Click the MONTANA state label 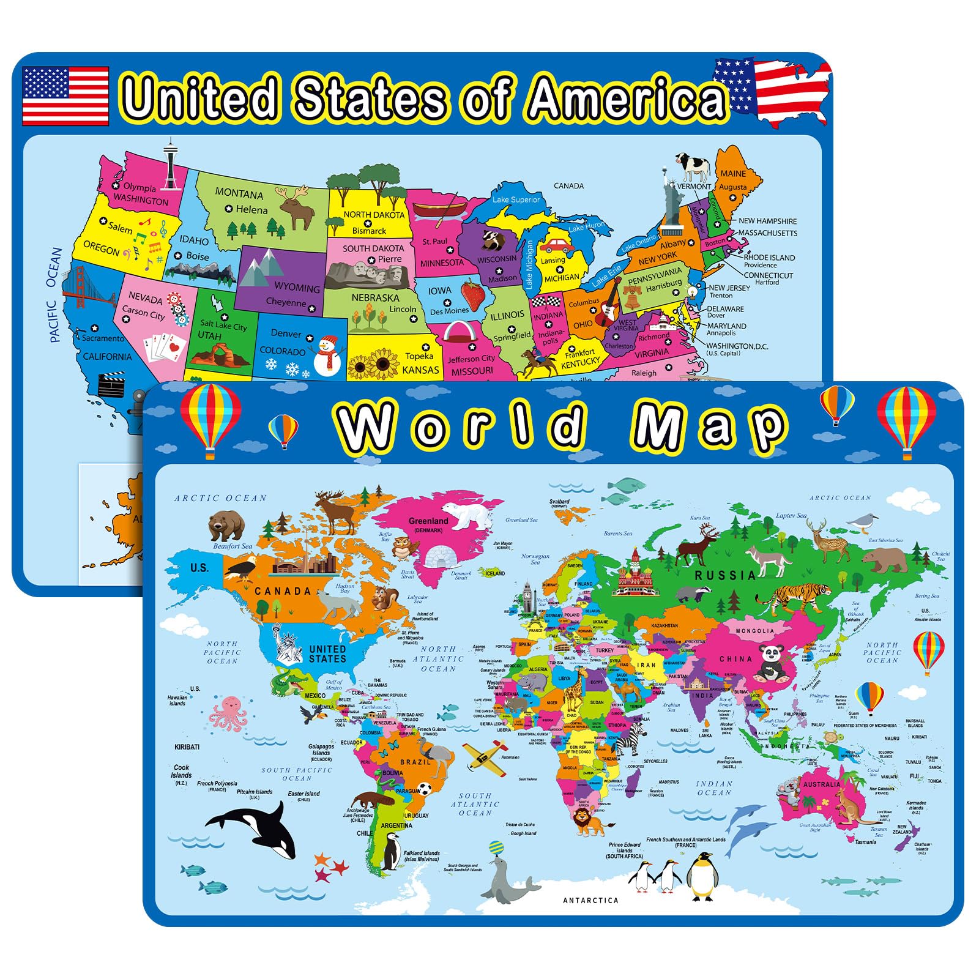pyautogui.click(x=239, y=194)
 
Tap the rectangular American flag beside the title pyautogui.click(x=65, y=96)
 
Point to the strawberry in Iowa pyautogui.click(x=473, y=294)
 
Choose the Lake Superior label pyautogui.click(x=516, y=199)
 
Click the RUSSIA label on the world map pyautogui.click(x=725, y=575)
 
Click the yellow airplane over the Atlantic pyautogui.click(x=485, y=757)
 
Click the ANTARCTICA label pyautogui.click(x=590, y=900)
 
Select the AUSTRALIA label pyautogui.click(x=821, y=784)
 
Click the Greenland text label pyautogui.click(x=428, y=521)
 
